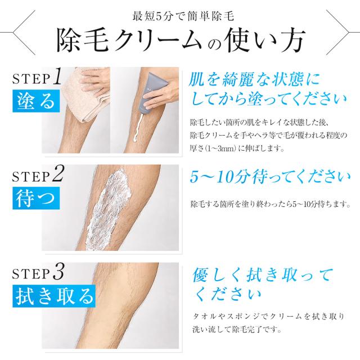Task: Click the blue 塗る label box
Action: pyautogui.click(x=36, y=101)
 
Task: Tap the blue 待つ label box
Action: pyautogui.click(x=36, y=198)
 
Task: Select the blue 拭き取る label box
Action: pyautogui.click(x=54, y=296)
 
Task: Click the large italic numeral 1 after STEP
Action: pyautogui.click(x=57, y=76)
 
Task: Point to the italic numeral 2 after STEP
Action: pyautogui.click(x=58, y=174)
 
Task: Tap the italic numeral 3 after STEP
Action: pyautogui.click(x=58, y=272)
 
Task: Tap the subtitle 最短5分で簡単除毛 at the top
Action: pyautogui.click(x=183, y=16)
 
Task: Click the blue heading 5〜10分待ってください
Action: pyautogui.click(x=270, y=177)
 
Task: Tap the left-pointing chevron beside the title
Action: pyautogui.click(x=24, y=33)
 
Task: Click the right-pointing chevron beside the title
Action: pyautogui.click(x=337, y=33)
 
